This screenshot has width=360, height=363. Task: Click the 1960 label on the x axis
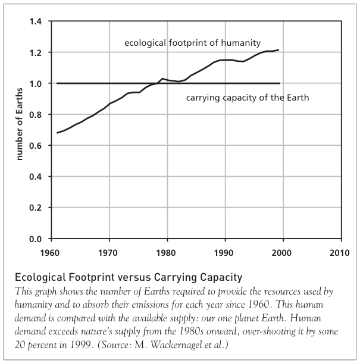[51, 251]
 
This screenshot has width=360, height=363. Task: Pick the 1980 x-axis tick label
[167, 251]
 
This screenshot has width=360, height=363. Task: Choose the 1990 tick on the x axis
[224, 251]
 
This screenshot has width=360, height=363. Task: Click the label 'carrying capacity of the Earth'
[248, 98]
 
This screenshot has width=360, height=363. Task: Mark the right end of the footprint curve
[279, 50]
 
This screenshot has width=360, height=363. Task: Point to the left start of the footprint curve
[57, 133]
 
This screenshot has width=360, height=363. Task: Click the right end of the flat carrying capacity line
[279, 83]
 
